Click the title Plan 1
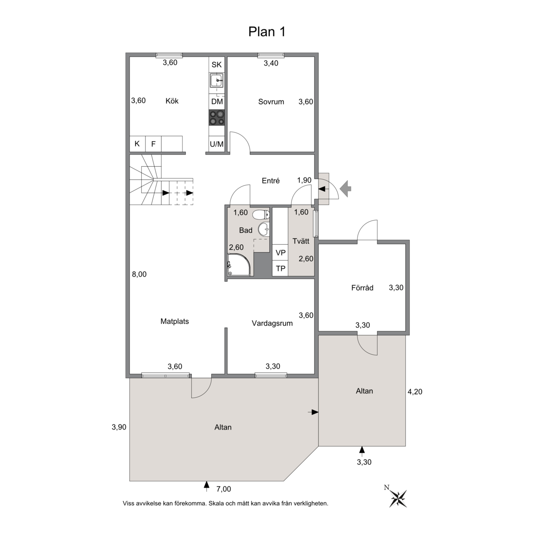267,32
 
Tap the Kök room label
172,101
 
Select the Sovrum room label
271,102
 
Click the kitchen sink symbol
217,80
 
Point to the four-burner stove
217,117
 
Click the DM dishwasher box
217,102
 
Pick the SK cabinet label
217,65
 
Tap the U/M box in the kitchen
217,144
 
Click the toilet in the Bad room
261,215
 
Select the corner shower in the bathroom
240,264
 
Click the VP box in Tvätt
281,253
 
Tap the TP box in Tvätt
281,268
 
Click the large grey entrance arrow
346,188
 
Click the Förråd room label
362,288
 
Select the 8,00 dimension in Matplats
139,274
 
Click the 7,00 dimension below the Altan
224,489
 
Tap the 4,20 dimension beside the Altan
415,391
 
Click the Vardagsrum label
272,323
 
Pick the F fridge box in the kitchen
154,144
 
